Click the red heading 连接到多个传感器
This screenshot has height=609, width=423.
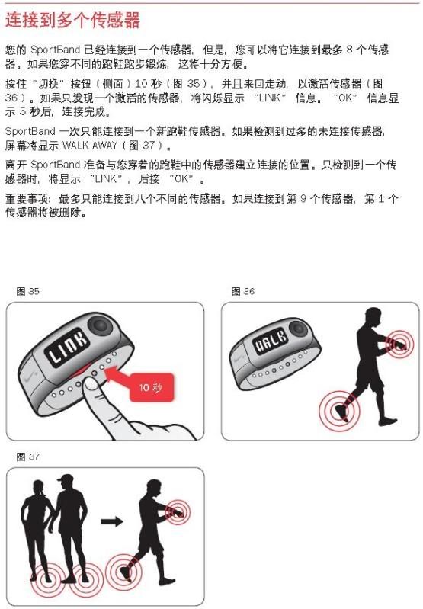[x=72, y=20]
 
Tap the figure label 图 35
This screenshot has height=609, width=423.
[x=27, y=291]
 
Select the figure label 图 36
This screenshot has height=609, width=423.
[x=243, y=291]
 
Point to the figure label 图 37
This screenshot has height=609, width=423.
[x=27, y=457]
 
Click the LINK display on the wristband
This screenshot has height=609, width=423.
[x=66, y=347]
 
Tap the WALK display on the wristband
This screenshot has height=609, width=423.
[x=271, y=341]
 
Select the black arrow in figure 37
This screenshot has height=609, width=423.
[x=112, y=521]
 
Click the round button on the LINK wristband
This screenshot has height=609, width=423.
[x=100, y=324]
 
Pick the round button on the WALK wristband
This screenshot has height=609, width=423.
[x=298, y=329]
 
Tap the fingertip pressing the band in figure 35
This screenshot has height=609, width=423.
[x=91, y=384]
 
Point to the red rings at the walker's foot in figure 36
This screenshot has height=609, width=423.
[x=339, y=411]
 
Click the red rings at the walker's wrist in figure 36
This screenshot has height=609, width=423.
[x=399, y=345]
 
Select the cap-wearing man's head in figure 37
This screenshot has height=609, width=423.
[x=66, y=482]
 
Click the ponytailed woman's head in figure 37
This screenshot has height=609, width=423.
[x=39, y=488]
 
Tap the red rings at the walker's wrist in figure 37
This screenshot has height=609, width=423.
[x=178, y=513]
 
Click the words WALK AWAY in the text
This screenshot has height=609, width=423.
[x=90, y=146]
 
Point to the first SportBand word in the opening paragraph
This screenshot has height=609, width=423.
[x=55, y=50]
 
